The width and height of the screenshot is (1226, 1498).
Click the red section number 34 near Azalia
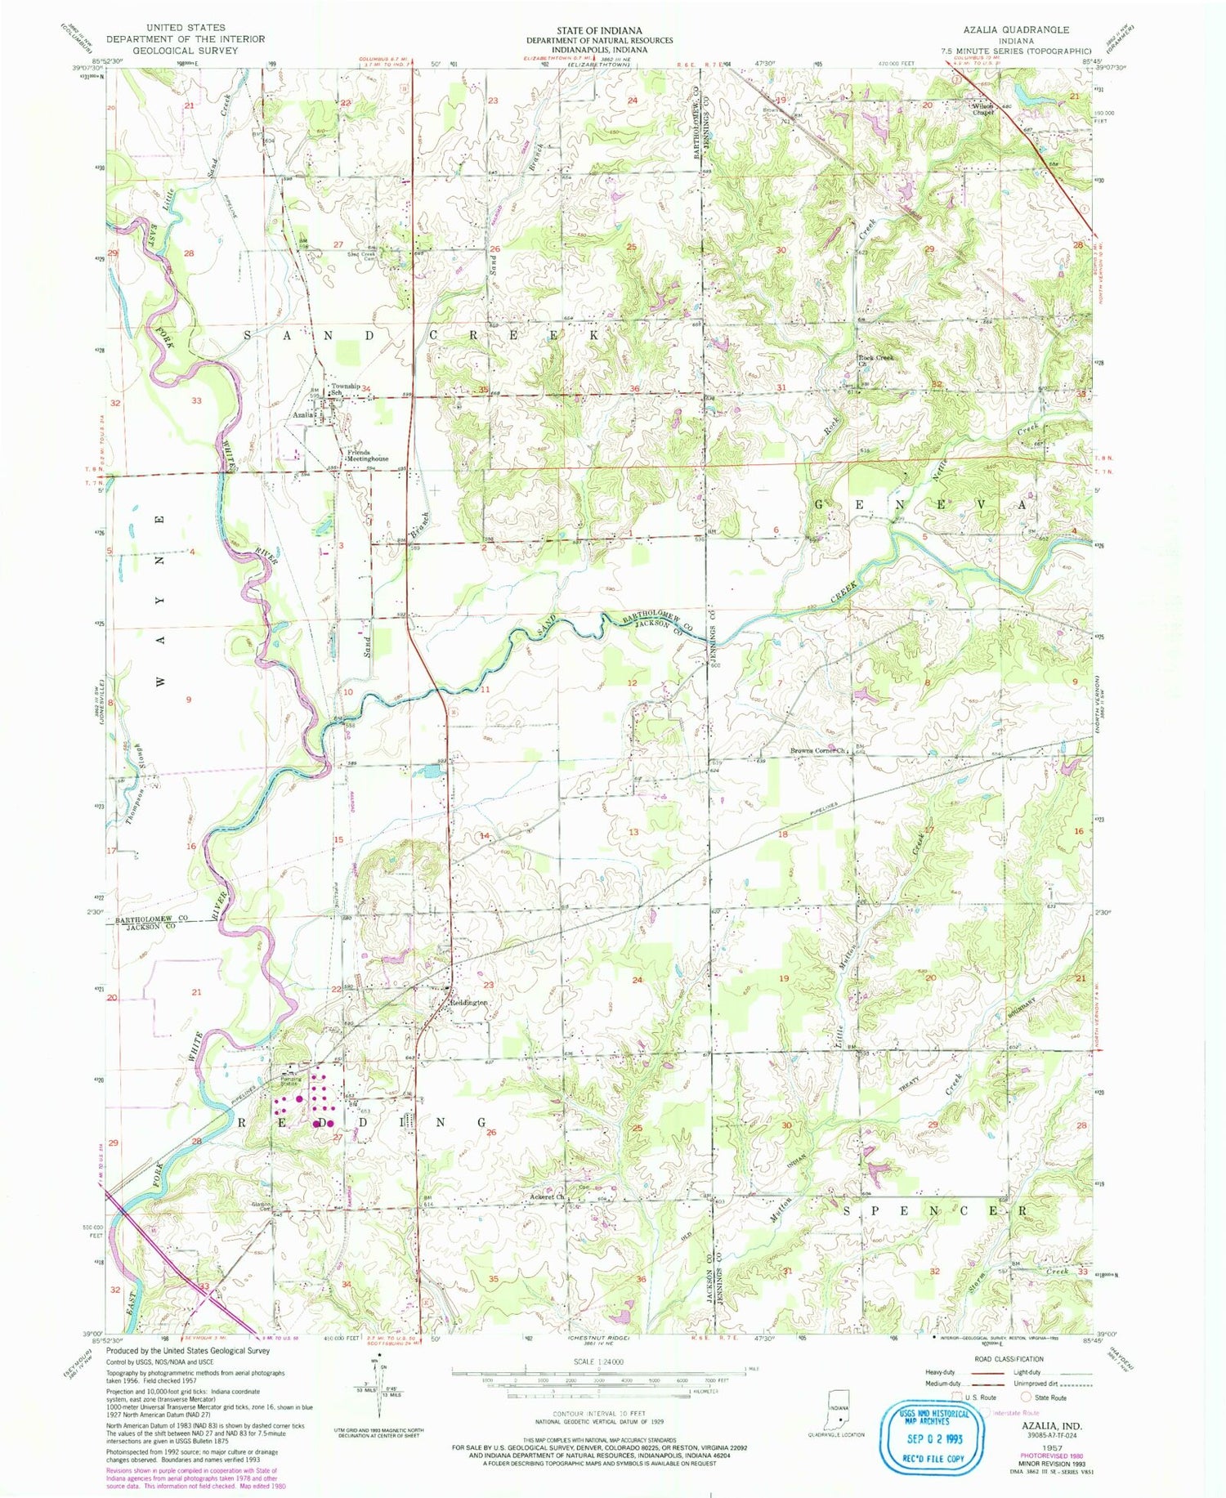(x=367, y=388)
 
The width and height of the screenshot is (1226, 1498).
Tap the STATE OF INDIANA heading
(x=599, y=29)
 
